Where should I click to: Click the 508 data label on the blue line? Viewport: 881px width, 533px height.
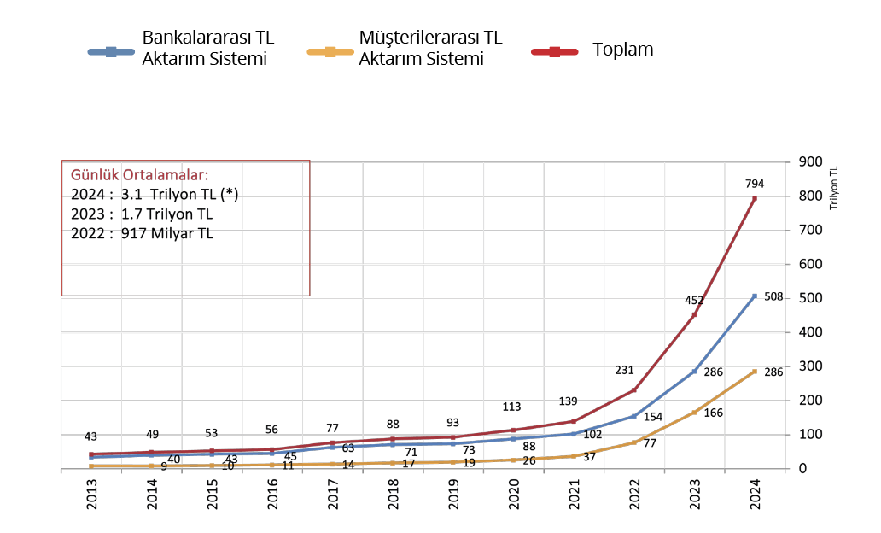[773, 296]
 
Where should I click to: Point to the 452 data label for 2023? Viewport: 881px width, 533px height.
[695, 300]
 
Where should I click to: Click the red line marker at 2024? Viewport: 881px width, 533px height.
[755, 198]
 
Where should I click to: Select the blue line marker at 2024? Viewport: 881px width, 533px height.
[755, 296]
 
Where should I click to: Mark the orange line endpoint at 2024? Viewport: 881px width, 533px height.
[755, 372]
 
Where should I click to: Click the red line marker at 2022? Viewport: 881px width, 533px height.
[633, 390]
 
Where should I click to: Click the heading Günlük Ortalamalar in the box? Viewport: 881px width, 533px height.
[139, 176]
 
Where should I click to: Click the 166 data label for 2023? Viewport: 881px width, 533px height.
[714, 413]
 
